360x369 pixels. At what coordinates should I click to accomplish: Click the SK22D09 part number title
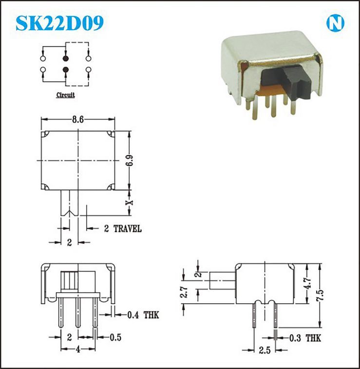59,23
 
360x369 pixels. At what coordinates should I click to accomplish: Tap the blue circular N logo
335,23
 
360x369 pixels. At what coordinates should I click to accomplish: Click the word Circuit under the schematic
65,95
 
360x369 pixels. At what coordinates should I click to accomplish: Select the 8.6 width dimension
78,120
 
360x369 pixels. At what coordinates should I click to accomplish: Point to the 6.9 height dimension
130,161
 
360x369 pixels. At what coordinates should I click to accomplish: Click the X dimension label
129,203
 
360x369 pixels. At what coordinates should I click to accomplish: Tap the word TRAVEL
128,229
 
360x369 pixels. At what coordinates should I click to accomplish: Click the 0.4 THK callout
143,315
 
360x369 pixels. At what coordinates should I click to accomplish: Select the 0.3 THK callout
305,338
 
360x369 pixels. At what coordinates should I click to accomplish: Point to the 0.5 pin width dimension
115,337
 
